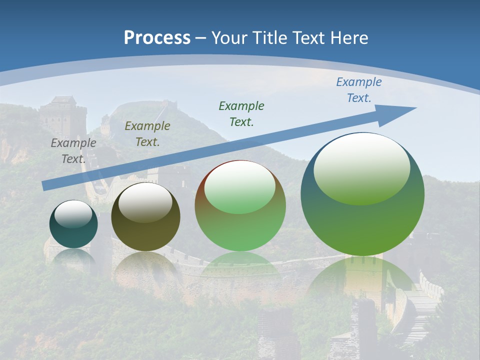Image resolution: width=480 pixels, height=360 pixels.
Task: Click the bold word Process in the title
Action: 157,38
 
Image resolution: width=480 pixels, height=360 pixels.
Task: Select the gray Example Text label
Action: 73,151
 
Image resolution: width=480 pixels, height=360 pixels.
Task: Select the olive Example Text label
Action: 147,134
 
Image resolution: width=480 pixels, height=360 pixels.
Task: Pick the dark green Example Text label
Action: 241,113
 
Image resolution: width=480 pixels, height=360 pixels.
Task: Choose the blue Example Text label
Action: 359,90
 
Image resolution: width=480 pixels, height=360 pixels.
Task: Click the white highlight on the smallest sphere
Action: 73,213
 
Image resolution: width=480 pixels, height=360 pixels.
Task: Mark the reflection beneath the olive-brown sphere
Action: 145,265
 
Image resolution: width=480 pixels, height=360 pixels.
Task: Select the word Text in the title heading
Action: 310,38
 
